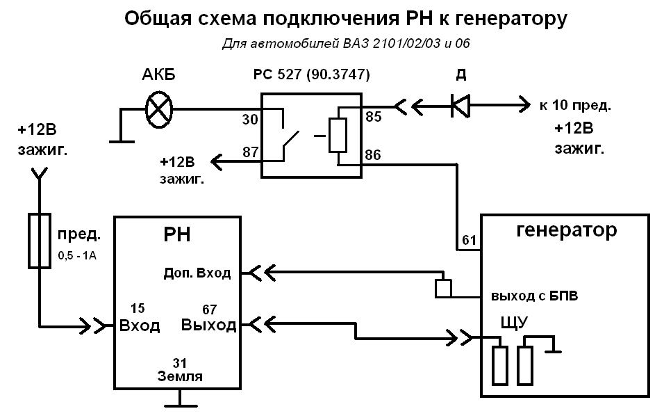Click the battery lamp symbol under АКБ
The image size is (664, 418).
point(159,109)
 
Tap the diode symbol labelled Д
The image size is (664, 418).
point(460,106)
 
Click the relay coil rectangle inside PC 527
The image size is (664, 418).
point(338,135)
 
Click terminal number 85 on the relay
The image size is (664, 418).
point(373,118)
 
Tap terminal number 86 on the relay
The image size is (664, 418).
point(373,154)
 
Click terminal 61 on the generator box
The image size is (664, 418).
point(469,241)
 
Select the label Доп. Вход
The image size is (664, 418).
point(197,273)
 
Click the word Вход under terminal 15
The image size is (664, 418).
point(140,325)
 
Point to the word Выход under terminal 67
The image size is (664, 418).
point(208,325)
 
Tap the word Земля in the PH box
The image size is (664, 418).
point(180,377)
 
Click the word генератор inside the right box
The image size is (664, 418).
point(567,230)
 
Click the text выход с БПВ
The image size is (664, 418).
point(535,296)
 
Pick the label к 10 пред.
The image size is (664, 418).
point(574,106)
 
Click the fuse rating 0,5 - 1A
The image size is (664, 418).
point(76,255)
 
